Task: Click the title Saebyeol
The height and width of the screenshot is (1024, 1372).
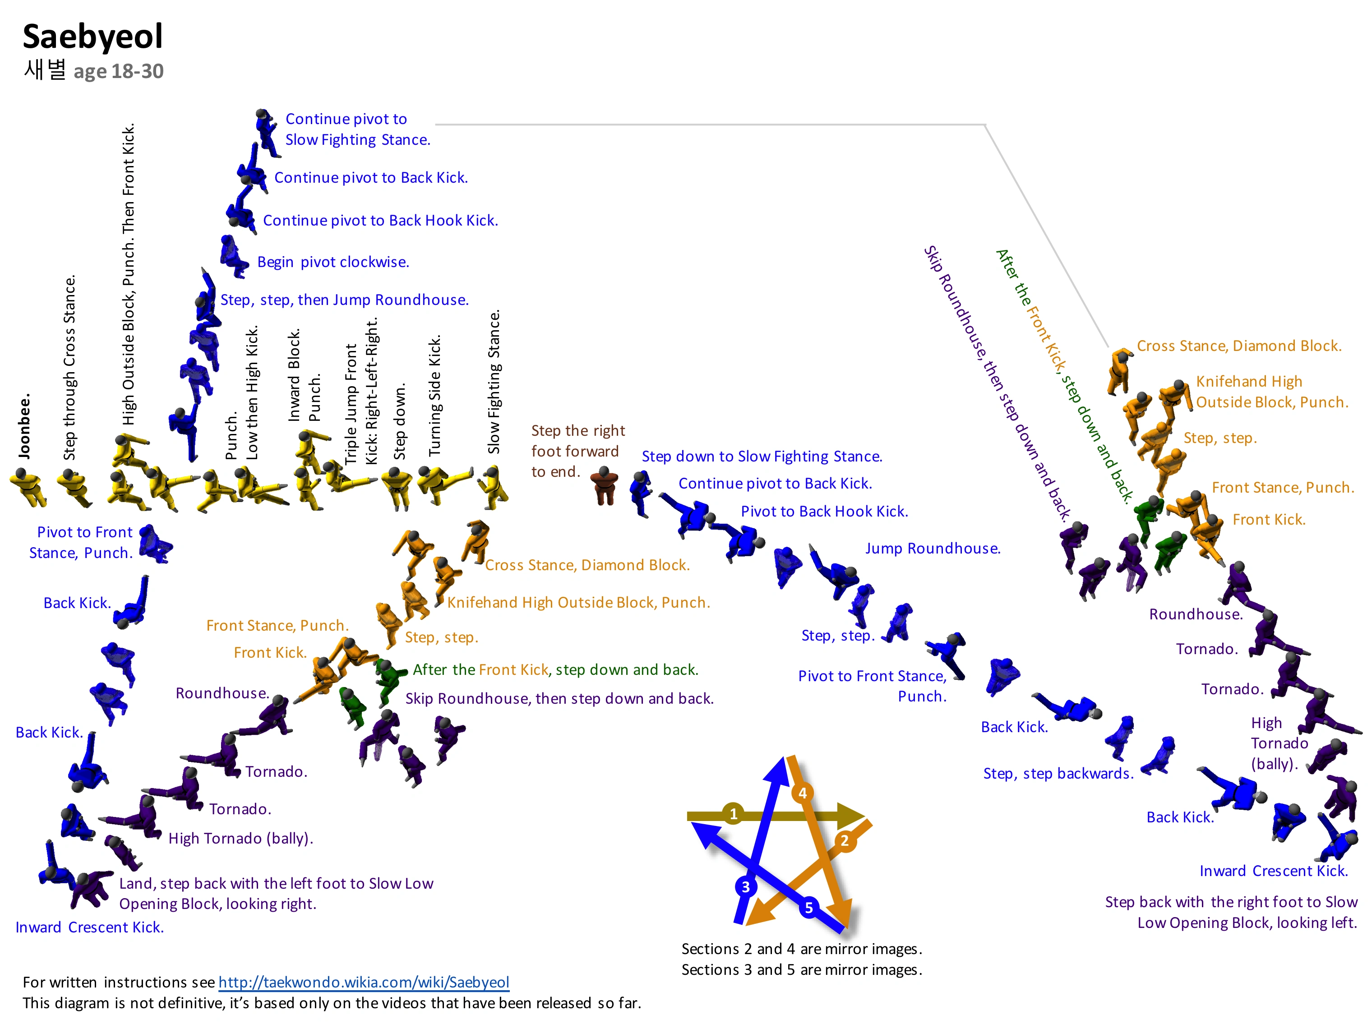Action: point(92,37)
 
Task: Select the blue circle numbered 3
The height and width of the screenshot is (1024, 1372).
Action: point(745,886)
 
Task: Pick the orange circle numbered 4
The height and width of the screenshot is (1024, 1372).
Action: point(802,792)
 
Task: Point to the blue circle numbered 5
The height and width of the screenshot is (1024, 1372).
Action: point(808,908)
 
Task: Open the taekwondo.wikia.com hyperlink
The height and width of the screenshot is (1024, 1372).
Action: point(364,982)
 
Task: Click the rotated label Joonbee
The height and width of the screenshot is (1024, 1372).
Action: point(24,426)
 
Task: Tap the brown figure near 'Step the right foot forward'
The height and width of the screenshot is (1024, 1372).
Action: point(603,486)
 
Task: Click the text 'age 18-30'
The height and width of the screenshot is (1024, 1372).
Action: point(118,72)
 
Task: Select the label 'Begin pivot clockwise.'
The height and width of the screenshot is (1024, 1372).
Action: point(333,262)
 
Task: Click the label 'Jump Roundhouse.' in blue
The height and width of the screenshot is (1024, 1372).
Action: point(933,549)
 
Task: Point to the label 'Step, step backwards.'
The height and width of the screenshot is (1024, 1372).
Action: point(1058,774)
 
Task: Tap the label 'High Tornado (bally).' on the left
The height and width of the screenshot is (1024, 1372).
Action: point(240,839)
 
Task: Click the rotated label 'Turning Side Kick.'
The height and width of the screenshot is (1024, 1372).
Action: point(434,396)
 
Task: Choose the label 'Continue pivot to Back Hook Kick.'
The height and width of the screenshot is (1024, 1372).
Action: point(380,221)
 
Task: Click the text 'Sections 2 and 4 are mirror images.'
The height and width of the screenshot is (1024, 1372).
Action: point(802,949)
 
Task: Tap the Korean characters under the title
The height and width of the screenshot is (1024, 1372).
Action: point(45,69)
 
